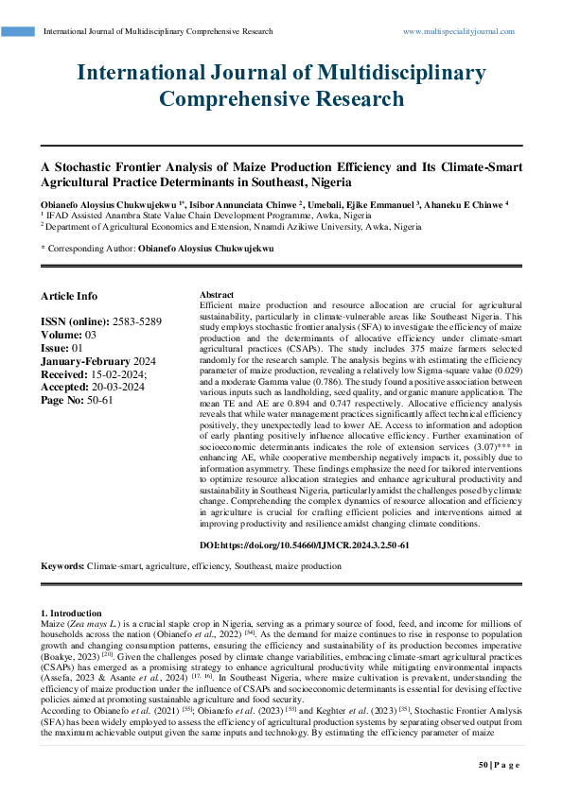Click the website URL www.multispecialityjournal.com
(x=459, y=31)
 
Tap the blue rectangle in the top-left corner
(x=18, y=31)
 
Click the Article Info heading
(x=69, y=296)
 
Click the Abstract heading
(x=218, y=295)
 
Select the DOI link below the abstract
(x=306, y=545)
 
